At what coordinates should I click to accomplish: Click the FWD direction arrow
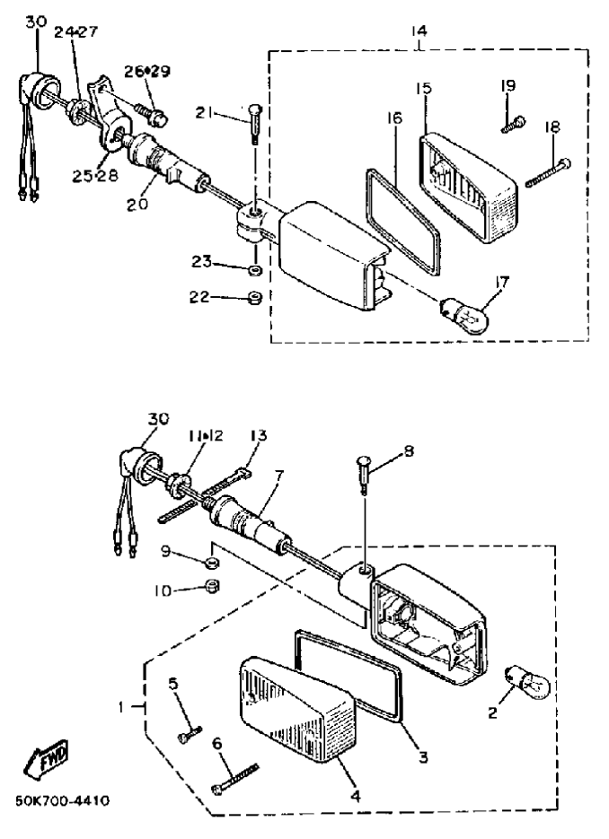pos(47,760)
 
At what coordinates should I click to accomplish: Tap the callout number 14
pos(419,31)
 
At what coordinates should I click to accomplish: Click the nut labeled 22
pos(255,298)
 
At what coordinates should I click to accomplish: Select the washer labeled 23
pos(255,268)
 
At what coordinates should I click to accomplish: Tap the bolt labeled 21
pos(255,124)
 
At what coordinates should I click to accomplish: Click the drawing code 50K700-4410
pos(63,801)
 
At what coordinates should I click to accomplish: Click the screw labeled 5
pos(190,733)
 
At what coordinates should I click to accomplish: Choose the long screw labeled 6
pos(235,779)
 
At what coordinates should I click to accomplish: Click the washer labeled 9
pos(213,563)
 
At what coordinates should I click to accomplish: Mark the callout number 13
pos(258,435)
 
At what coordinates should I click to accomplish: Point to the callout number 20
pos(137,204)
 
